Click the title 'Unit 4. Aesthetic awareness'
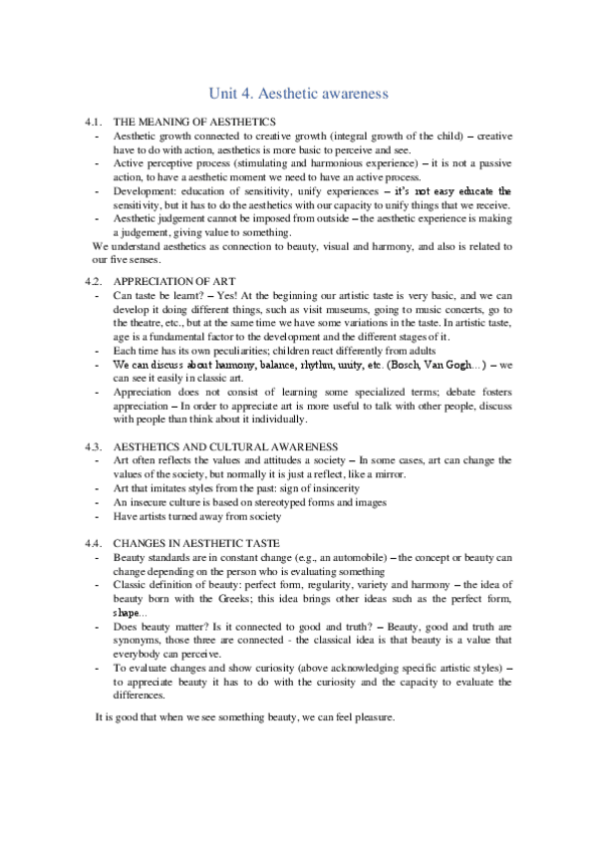coord(298,94)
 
